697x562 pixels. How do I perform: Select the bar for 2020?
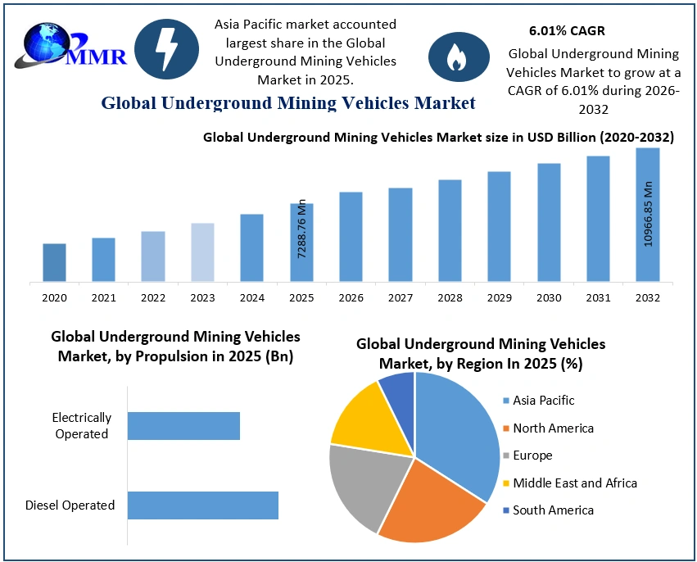tap(54, 262)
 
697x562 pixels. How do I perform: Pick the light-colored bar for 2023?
tap(202, 252)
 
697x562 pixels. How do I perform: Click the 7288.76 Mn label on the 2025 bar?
tap(301, 230)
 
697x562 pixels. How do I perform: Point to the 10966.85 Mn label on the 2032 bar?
tap(648, 215)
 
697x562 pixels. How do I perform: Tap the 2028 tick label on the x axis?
tap(450, 298)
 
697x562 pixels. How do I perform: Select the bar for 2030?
tap(549, 223)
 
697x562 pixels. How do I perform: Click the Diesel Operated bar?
tap(203, 505)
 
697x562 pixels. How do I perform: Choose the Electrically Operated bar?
tap(183, 426)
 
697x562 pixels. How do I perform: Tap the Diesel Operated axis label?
tap(70, 505)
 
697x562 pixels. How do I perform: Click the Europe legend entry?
tap(532, 455)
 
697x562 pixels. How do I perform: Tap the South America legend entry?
tap(552, 510)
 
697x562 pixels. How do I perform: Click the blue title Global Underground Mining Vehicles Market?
tap(288, 103)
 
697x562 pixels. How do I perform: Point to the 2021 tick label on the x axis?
tap(103, 298)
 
